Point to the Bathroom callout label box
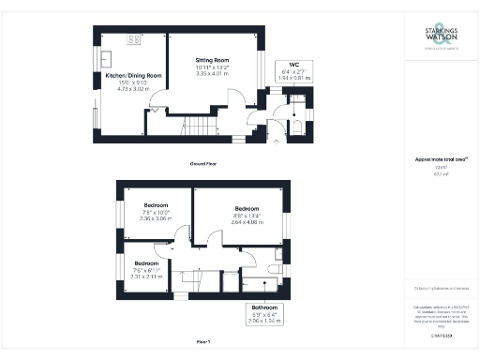point(262,311)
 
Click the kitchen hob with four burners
point(134,39)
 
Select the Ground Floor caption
point(205,162)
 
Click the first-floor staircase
point(198,279)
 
